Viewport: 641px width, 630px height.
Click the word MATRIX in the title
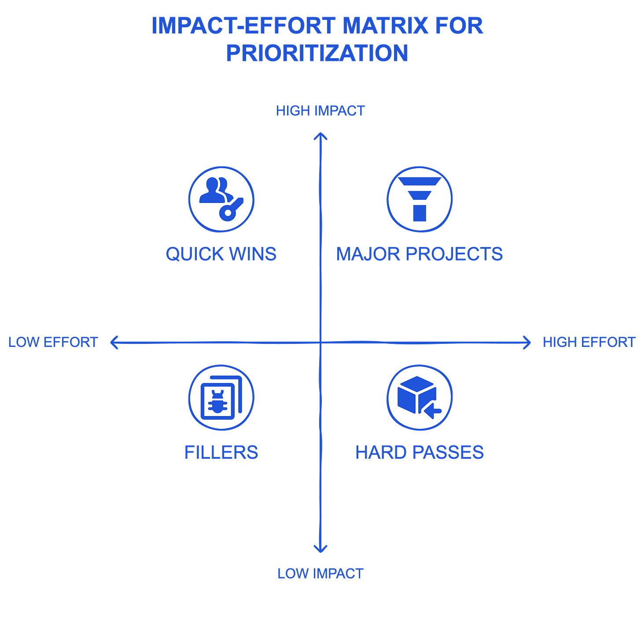point(385,26)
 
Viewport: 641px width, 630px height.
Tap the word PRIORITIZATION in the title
point(317,53)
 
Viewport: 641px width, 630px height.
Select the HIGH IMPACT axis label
point(320,111)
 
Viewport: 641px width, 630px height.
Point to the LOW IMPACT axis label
point(320,574)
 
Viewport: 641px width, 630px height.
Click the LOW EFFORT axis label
point(53,343)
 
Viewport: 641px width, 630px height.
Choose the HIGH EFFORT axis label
point(589,343)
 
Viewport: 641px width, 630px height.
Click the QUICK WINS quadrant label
point(221,254)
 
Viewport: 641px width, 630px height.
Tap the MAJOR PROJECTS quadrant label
point(420,254)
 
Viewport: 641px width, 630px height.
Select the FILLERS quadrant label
point(221,452)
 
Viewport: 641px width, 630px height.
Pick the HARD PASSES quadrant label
point(420,452)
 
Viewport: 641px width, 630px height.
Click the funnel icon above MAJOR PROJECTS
point(420,199)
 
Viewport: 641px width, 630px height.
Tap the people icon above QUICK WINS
point(221,199)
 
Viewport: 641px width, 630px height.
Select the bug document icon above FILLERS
point(221,398)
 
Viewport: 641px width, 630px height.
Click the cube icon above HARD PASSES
point(420,398)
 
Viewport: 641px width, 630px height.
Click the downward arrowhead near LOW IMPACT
point(320,550)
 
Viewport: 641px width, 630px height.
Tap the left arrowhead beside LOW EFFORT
point(114,343)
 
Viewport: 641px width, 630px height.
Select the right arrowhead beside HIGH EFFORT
point(527,343)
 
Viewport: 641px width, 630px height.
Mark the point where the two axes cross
point(321,343)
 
